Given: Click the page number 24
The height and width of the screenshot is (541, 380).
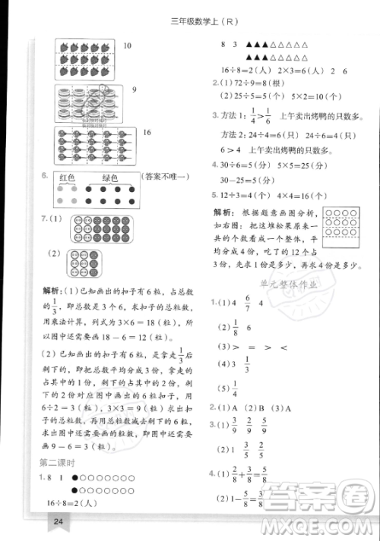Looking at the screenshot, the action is click(x=57, y=521).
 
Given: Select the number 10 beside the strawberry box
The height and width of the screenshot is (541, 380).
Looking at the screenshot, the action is click(x=127, y=46).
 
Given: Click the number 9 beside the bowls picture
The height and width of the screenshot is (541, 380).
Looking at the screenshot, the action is click(x=134, y=90).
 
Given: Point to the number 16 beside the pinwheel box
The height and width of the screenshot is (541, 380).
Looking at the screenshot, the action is click(x=147, y=133).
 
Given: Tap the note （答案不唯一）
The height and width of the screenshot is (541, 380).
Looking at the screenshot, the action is click(x=164, y=178).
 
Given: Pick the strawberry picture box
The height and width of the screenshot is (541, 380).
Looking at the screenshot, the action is click(x=85, y=55).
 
